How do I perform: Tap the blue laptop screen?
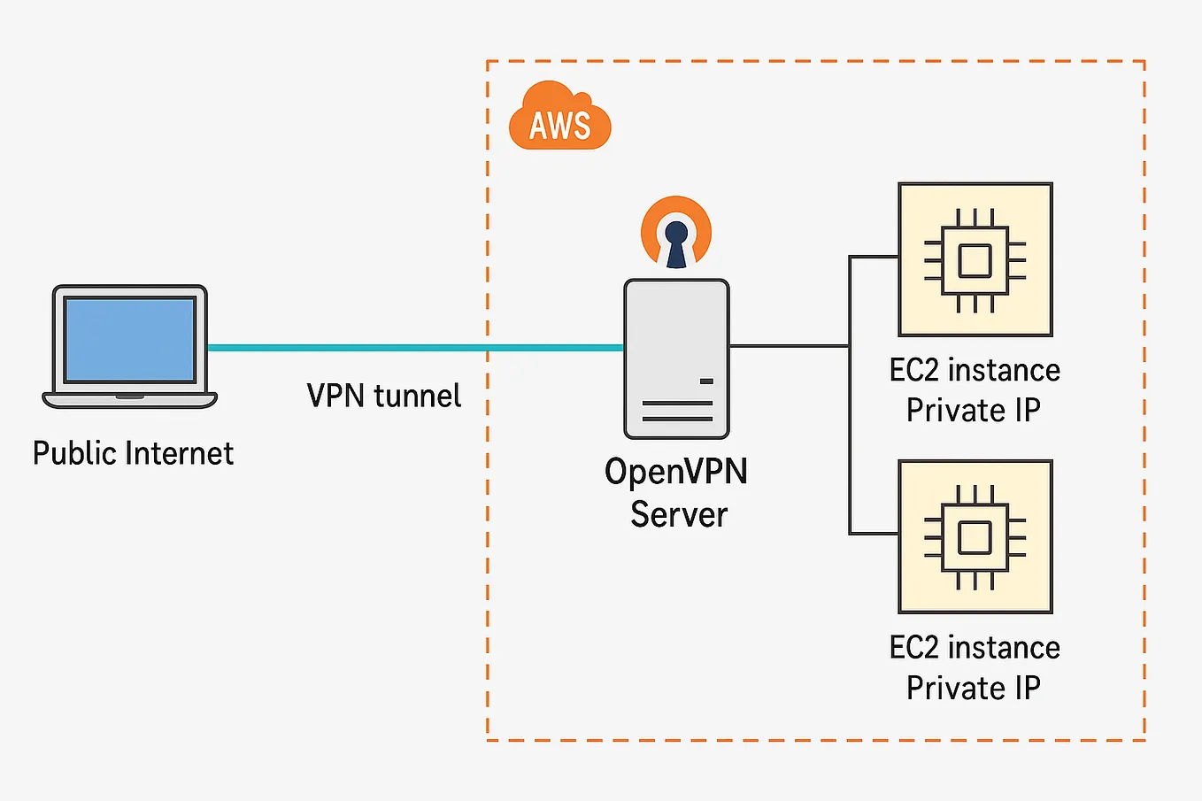[x=129, y=339]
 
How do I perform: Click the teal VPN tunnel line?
[x=416, y=348]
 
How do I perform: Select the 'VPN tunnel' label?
[x=383, y=396]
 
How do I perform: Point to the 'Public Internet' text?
[x=133, y=453]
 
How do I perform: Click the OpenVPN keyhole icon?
[x=676, y=232]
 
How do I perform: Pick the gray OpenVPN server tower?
[x=676, y=358]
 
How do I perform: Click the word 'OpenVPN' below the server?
[x=676, y=472]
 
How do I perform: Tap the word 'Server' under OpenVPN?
[x=679, y=514]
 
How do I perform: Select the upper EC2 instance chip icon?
[x=975, y=260]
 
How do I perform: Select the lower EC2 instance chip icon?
[x=975, y=537]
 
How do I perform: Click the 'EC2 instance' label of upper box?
[x=975, y=370]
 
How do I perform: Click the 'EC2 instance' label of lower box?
[x=975, y=648]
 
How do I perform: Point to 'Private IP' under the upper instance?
[x=974, y=411]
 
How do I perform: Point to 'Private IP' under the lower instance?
[x=974, y=688]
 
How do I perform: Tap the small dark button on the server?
[x=706, y=381]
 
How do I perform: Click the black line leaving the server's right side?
[x=790, y=346]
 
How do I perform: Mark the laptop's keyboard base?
[x=130, y=400]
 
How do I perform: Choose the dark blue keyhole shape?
[x=676, y=244]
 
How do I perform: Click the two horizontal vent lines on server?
[x=677, y=411]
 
